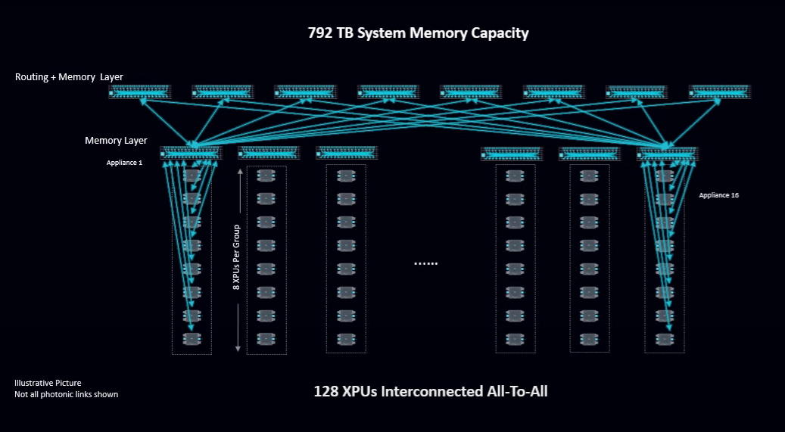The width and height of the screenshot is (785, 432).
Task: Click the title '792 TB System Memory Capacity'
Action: pos(418,33)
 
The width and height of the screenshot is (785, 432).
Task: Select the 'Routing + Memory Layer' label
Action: pos(69,77)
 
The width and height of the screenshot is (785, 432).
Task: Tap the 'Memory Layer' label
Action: pos(116,141)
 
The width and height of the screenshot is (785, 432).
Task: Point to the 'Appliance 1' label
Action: pos(124,162)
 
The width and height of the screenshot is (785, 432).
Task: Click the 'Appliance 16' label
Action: pos(718,195)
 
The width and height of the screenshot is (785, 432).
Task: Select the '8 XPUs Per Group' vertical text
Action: pos(237,257)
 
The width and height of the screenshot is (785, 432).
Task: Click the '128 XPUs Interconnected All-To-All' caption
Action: pos(430,391)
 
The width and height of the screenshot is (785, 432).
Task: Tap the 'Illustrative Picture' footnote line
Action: pos(48,383)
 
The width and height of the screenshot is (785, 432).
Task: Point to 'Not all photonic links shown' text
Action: pos(66,394)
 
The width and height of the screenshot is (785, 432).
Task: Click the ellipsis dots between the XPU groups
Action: pos(425,263)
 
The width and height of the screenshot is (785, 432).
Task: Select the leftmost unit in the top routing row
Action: pos(140,92)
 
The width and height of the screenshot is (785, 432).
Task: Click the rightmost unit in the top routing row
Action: pos(719,92)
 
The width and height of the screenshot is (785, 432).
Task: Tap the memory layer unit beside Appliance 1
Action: pos(190,154)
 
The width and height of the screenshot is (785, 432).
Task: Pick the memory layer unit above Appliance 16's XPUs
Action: pos(667,154)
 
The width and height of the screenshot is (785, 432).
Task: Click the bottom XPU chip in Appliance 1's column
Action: pos(192,339)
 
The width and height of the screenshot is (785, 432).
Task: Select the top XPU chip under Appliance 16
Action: pos(664,176)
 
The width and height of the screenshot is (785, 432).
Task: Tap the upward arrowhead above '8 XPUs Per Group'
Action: pos(239,172)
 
